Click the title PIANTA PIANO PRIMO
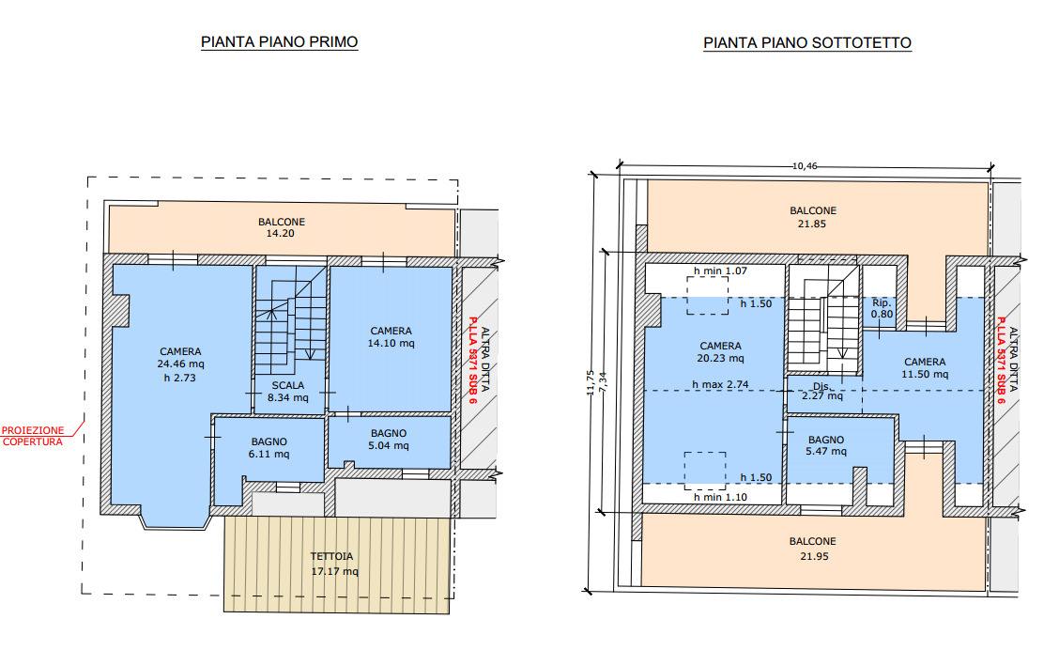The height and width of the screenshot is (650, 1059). pos(279,42)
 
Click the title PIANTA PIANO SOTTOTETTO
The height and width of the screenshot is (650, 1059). pos(807,42)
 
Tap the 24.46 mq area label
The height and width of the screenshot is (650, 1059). pos(180,364)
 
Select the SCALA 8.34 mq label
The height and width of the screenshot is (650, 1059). pos(288,391)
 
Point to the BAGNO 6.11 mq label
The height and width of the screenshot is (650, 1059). pos(269,448)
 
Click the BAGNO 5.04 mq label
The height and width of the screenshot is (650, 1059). pos(389,440)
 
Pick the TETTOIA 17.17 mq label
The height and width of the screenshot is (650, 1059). pos(334,564)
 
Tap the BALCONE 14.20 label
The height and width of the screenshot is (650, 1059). pos(282,227)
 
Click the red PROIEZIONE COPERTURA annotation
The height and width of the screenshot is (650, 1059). pos(33,436)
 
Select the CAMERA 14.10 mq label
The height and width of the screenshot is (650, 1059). pos(391,336)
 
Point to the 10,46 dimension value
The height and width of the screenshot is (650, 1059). pos(805,165)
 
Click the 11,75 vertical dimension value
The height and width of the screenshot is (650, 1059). pos(591,382)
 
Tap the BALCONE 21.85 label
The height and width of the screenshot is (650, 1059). pos(812,217)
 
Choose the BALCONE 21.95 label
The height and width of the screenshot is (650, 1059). pos(812,549)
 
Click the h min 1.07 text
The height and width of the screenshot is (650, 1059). pos(721,271)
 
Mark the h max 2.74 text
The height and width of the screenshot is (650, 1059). pos(720,384)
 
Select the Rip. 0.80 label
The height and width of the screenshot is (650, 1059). pos(882,308)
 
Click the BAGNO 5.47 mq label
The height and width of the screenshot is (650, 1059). pos(826,445)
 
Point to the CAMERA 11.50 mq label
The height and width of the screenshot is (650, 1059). pos(926,367)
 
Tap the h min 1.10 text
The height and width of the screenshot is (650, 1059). pos(721,497)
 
